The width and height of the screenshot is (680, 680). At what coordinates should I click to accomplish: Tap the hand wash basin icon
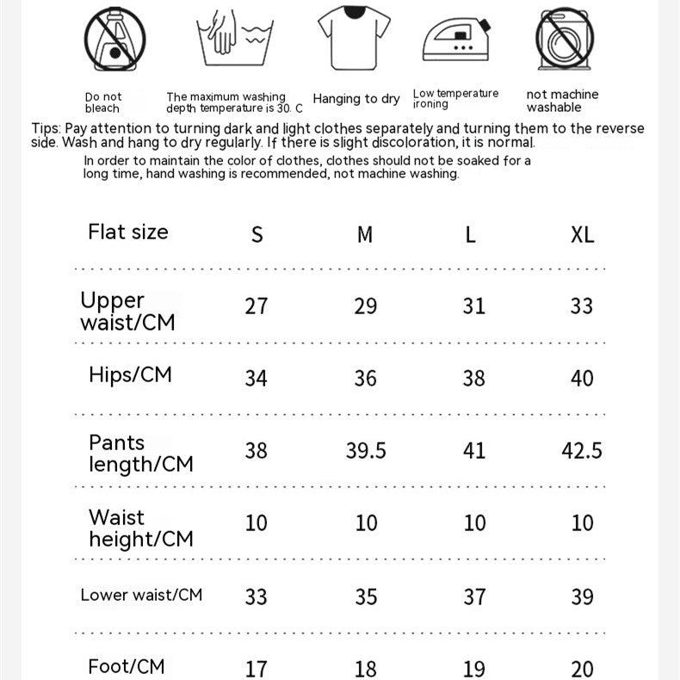pos(233,40)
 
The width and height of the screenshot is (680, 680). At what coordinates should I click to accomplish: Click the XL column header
pos(583,234)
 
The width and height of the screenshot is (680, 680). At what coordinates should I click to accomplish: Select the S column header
pos(257,234)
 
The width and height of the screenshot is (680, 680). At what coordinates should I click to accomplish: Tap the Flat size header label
pos(128,232)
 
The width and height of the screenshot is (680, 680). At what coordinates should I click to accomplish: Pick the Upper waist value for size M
pos(366,306)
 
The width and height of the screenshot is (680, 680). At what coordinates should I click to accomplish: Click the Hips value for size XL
pos(583,379)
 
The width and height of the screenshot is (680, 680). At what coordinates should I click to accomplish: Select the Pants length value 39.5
pos(366,451)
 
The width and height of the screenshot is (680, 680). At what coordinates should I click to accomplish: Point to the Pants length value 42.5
pos(582,451)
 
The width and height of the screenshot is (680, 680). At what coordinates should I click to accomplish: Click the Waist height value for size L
pos(474,523)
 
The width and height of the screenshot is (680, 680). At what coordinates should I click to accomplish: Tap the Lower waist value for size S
pos(257,597)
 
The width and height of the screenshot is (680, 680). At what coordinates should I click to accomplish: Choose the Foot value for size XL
pos(583,669)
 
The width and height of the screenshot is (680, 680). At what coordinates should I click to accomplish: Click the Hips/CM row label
pos(130,374)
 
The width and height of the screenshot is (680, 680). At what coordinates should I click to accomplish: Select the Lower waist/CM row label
pos(141,595)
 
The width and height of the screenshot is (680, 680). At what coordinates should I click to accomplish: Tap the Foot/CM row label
pos(126,666)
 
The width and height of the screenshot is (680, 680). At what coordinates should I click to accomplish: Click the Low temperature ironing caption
pos(455,99)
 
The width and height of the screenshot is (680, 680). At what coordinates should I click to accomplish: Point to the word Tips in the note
pos(45,129)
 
